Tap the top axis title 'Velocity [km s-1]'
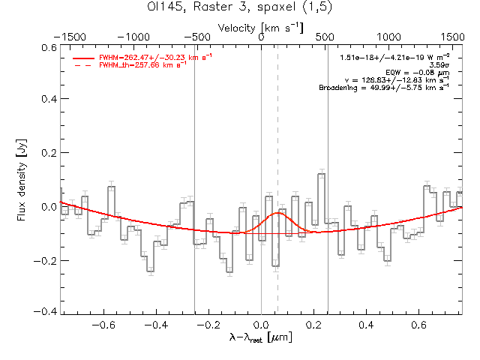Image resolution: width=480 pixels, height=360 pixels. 261,27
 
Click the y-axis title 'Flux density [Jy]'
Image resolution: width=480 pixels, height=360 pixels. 22,178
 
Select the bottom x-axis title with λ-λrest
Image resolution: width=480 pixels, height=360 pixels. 261,339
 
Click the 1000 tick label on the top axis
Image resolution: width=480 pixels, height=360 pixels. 388,36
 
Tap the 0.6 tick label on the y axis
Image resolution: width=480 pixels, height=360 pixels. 48,47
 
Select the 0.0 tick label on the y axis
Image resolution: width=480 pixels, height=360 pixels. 48,206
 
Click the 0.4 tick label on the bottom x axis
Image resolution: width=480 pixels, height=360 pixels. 366,325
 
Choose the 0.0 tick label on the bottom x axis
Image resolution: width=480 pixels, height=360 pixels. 261,325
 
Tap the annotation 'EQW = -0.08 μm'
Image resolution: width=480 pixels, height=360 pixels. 422,73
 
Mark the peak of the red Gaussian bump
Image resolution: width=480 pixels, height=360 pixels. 277,213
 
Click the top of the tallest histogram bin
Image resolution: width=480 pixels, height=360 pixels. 321,174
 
